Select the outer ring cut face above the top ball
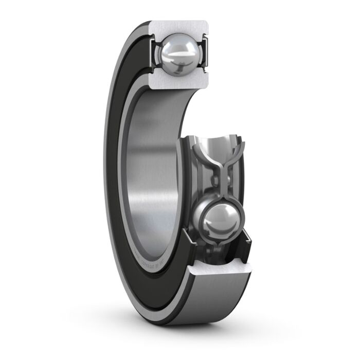[180, 28]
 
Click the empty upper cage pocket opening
[219, 144]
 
